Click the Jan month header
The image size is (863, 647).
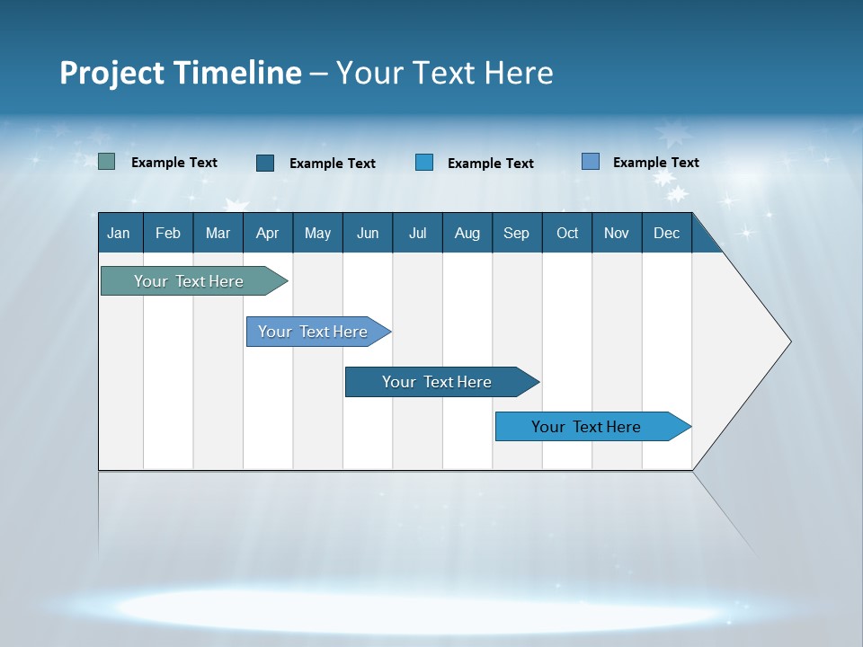tap(120, 233)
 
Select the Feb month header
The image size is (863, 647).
tap(168, 233)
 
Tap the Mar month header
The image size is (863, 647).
tap(218, 233)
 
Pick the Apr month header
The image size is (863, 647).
tap(268, 233)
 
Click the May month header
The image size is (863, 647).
tap(317, 233)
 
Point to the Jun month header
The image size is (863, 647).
tap(368, 233)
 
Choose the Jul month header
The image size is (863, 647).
tap(417, 233)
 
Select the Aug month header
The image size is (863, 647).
tap(467, 233)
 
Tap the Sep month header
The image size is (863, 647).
tap(517, 233)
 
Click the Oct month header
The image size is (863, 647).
tap(567, 233)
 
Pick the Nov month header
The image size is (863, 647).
tap(617, 233)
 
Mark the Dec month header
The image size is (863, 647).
tap(667, 233)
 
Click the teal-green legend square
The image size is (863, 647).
tap(107, 162)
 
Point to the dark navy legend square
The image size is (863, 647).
tap(265, 163)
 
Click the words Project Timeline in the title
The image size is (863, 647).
tap(181, 73)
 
